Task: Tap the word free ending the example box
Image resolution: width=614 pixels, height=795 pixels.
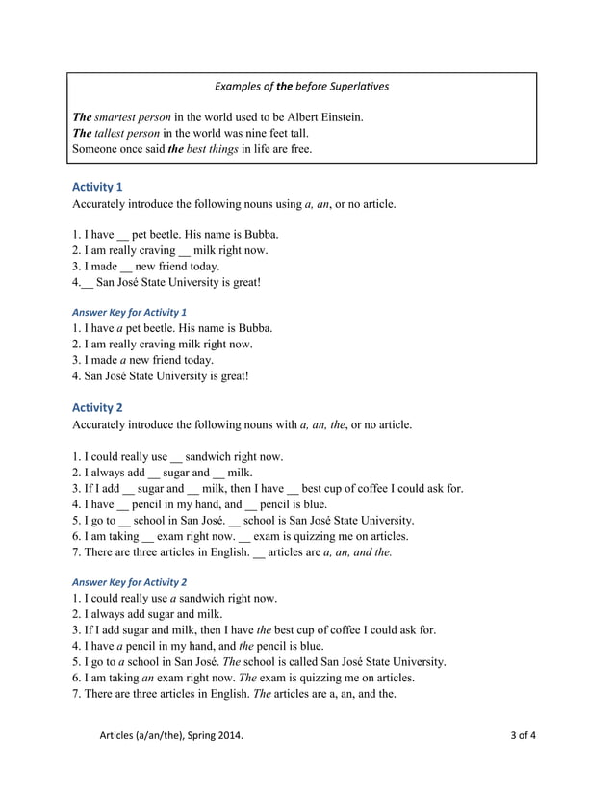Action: pyautogui.click(x=301, y=149)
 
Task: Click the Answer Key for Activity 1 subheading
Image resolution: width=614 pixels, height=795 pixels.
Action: pyautogui.click(x=129, y=312)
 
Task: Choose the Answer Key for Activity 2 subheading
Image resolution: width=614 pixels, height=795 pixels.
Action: pyautogui.click(x=129, y=581)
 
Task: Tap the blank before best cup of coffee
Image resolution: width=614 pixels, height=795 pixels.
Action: pyautogui.click(x=294, y=488)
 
